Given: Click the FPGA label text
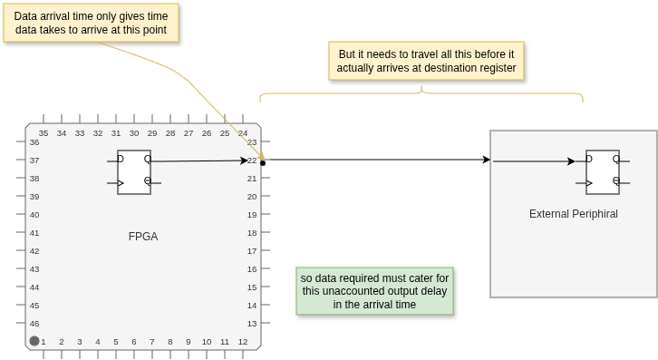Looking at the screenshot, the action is click(x=143, y=237).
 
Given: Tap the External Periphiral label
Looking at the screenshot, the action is click(x=573, y=214).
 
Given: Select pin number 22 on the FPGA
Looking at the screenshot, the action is click(x=252, y=161).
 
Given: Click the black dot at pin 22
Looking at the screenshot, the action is click(x=263, y=163).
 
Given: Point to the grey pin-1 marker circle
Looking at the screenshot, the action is click(x=34, y=341).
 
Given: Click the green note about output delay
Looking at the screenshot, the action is click(x=374, y=291).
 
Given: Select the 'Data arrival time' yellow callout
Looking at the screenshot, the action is click(x=91, y=23).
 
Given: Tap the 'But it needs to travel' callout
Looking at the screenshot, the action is click(x=426, y=61).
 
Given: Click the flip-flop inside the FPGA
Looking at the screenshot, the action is click(x=134, y=172).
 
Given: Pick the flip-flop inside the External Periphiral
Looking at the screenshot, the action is click(x=603, y=172).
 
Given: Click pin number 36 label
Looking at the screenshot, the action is click(x=34, y=142).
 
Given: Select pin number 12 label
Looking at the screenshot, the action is click(x=243, y=342).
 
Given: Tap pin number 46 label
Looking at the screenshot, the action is click(x=34, y=324).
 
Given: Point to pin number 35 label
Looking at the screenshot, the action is click(x=44, y=133).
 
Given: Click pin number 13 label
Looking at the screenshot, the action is click(x=252, y=324).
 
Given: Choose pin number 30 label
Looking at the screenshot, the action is click(x=134, y=133).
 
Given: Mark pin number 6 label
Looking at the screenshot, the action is click(x=134, y=342).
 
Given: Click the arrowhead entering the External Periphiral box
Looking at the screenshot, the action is click(x=487, y=160).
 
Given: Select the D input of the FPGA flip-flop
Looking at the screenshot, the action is click(x=121, y=159).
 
